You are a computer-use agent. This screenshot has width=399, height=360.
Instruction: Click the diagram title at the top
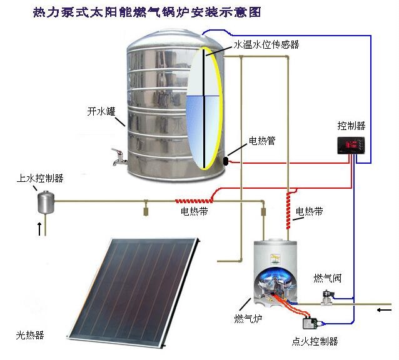pos(147,12)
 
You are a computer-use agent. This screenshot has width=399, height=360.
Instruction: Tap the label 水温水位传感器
pos(266,44)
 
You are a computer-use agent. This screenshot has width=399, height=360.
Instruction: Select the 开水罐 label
pos(101,111)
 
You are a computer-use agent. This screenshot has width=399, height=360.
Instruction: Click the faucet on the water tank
pos(118,157)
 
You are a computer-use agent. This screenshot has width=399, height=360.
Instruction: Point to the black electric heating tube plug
pos(226,161)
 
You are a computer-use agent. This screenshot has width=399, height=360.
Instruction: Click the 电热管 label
pos(262,141)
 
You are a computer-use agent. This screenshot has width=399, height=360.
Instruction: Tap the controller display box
pos(351,146)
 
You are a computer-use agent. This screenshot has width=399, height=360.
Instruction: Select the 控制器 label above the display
pos(351,126)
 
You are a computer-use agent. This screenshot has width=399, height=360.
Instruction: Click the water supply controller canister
pos(46,202)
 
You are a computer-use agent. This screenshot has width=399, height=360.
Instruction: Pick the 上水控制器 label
pos(40,178)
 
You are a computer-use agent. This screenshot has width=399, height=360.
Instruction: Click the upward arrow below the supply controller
pos(39,229)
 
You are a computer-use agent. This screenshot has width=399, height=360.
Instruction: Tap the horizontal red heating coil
pos(194,201)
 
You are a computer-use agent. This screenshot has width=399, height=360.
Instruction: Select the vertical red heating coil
pos(288,211)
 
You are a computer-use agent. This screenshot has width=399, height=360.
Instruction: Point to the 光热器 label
pos(30,335)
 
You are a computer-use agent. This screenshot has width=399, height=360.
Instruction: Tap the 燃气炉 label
pos(248,318)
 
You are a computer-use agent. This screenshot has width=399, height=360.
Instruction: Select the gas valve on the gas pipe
pos(328,297)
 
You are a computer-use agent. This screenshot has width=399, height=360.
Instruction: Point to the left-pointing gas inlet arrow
pos(384,310)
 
